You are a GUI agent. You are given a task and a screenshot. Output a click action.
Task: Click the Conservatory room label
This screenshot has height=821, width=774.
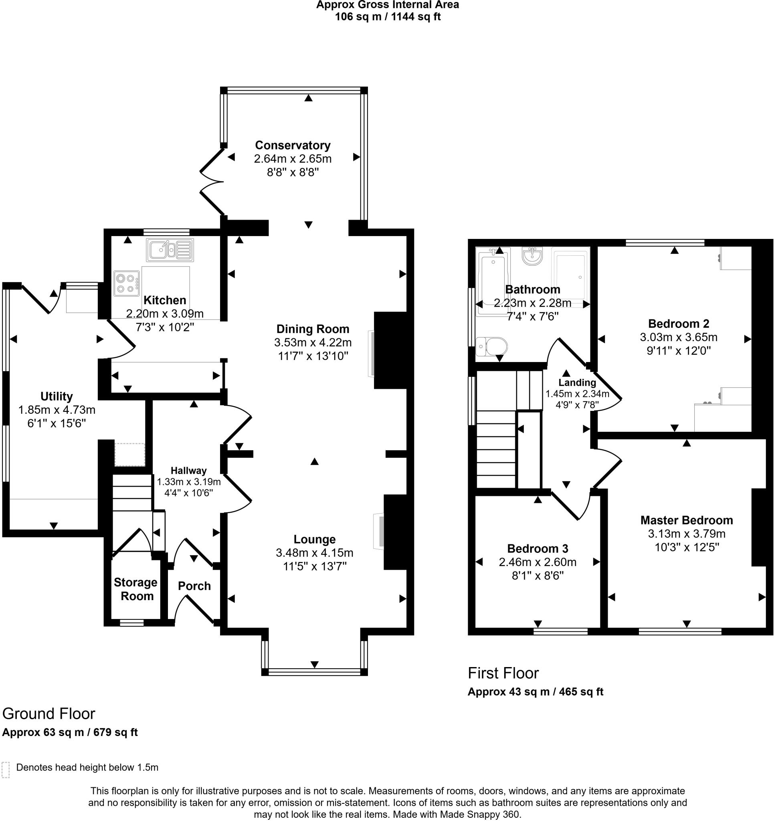point(293,146)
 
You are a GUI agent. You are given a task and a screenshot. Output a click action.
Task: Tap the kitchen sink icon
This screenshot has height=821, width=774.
point(169,250)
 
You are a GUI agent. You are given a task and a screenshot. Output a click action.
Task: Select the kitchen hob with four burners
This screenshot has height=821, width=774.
point(126,283)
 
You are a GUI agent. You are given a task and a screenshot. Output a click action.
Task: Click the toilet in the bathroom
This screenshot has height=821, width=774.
point(491,346)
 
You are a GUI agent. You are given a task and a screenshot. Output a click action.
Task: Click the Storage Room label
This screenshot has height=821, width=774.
point(135,589)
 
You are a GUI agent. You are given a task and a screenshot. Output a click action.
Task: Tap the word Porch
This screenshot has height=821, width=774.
point(194,586)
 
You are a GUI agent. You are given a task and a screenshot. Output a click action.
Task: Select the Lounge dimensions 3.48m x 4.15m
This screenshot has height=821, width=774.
point(314,552)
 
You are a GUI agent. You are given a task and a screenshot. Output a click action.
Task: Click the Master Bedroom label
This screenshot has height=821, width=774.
point(687,520)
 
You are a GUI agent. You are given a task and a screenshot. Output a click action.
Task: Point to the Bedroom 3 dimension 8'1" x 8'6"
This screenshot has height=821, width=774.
point(538,576)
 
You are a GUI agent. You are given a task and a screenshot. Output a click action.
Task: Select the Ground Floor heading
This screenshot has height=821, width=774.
point(49,714)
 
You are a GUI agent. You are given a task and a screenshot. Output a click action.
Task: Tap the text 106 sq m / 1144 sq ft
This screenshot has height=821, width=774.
point(388,17)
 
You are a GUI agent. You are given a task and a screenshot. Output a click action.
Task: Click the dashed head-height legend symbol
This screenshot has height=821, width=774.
point(5,770)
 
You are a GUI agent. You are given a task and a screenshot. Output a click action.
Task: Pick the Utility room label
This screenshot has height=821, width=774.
point(57,396)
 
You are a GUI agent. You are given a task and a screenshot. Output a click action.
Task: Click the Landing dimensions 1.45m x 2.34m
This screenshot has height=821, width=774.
point(577,394)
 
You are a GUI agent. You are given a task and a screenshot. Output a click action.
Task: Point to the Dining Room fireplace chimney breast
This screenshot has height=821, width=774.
point(390,350)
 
